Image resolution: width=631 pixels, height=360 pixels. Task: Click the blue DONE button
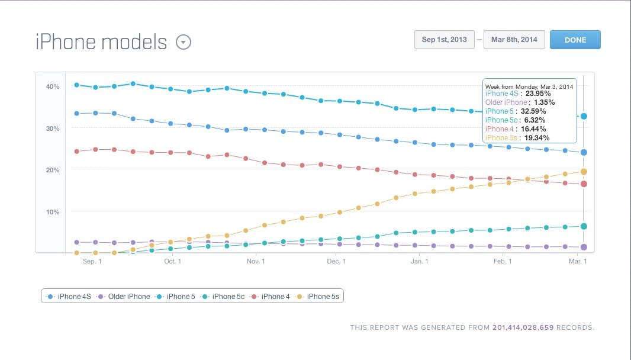[x=575, y=40]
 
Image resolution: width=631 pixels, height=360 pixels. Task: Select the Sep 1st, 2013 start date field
[x=444, y=40]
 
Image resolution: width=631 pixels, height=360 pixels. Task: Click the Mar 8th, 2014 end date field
[x=513, y=40]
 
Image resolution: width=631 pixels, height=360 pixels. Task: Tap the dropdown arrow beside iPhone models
[x=183, y=43]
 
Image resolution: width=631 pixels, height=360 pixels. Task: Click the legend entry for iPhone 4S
[x=73, y=296]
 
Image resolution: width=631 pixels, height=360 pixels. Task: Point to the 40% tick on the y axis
[x=53, y=86]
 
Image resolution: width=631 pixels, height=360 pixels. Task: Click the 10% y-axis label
[x=53, y=212]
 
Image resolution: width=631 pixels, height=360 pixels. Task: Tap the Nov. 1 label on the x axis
[x=256, y=261]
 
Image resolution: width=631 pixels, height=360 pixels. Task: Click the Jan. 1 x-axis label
[x=420, y=261]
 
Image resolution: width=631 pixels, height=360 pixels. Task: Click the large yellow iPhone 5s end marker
[x=584, y=172]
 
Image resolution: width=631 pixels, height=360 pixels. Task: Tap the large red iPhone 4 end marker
[x=584, y=184]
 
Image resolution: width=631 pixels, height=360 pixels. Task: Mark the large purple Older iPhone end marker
[x=584, y=247]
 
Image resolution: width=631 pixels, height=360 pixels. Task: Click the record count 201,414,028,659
[x=523, y=327]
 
